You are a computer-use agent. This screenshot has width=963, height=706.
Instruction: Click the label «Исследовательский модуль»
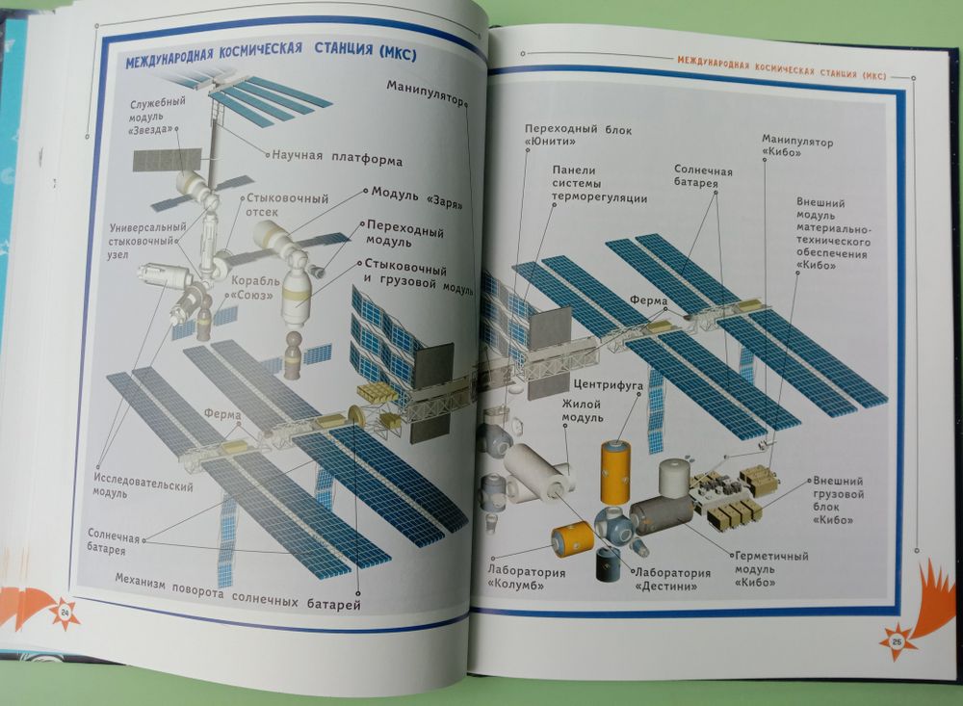[x=143, y=484]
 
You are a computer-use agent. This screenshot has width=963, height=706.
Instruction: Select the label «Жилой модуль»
[x=584, y=412]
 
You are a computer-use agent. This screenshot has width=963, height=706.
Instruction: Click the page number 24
[x=65, y=613]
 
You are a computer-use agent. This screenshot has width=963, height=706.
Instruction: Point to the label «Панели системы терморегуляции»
[x=598, y=185]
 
